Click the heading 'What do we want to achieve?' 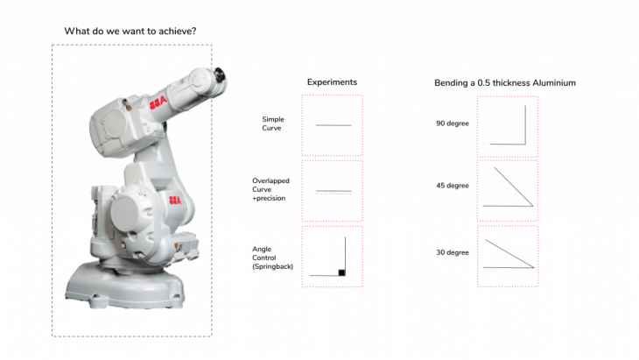tap(130, 31)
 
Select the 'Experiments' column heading tap(332, 82)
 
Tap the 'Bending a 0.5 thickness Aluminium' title tap(505, 82)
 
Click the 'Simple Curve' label tap(272, 124)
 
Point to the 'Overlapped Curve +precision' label tap(270, 189)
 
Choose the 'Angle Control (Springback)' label tap(272, 258)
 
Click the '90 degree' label tap(453, 124)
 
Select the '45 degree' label tap(453, 186)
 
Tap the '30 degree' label tap(453, 252)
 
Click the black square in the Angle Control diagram tap(341, 272)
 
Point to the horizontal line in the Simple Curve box tap(333, 125)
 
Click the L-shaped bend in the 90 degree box tap(525, 144)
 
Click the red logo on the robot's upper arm tap(158, 102)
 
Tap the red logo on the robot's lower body tap(175, 201)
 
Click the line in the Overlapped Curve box tap(334, 191)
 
